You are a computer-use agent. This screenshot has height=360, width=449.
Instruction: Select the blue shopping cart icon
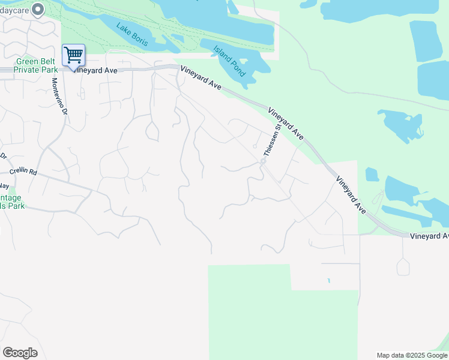[x=73, y=55]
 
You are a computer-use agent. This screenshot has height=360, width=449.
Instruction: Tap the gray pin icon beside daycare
[x=38, y=9]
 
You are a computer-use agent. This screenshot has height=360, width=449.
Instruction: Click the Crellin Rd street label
[x=23, y=172]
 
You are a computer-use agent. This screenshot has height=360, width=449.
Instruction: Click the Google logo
[x=20, y=353]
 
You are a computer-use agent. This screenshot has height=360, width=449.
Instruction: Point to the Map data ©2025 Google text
[x=412, y=355]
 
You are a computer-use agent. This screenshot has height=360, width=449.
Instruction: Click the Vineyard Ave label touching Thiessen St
[x=286, y=123]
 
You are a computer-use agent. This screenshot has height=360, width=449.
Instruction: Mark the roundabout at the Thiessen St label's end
[x=263, y=161]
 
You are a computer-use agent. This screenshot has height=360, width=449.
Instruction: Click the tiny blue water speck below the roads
[x=328, y=280]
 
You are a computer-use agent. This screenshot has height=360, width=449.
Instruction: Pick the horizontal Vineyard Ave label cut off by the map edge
[x=429, y=236]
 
